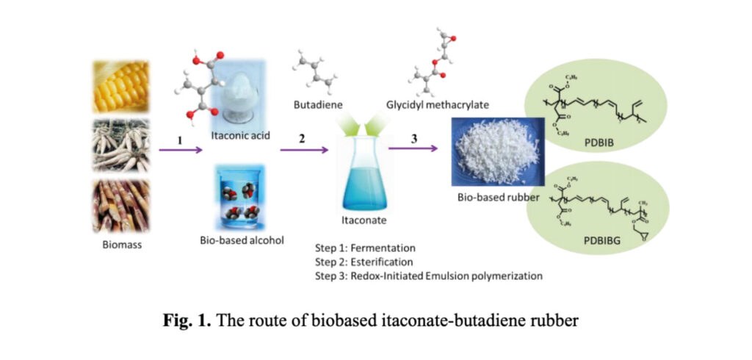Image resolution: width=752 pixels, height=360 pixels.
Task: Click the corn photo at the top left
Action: click(120, 87)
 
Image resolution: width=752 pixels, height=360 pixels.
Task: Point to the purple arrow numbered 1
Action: click(181, 150)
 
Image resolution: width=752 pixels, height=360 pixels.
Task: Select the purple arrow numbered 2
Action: click(302, 150)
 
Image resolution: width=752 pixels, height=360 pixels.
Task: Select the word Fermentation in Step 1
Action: click(388, 248)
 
